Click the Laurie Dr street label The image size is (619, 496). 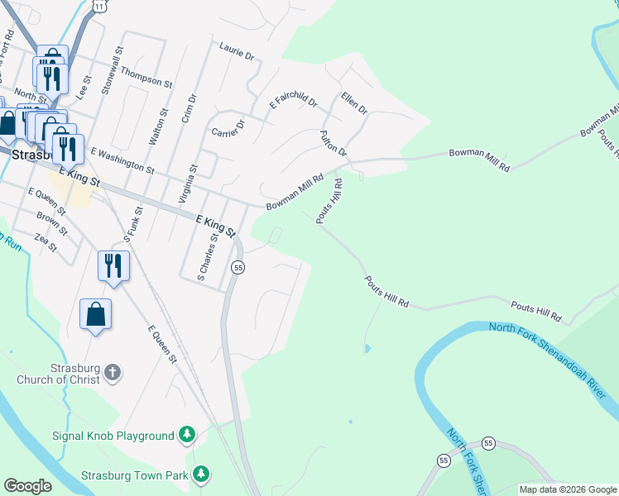[237, 51]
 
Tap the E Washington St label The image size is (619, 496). [122, 160]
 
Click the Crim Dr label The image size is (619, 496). [193, 108]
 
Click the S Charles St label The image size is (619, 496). [206, 255]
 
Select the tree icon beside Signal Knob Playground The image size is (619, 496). [188, 435]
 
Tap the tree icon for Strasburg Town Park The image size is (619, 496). [200, 475]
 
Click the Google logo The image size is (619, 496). [28, 486]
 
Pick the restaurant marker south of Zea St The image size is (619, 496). [113, 265]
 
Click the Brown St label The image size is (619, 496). [50, 222]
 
